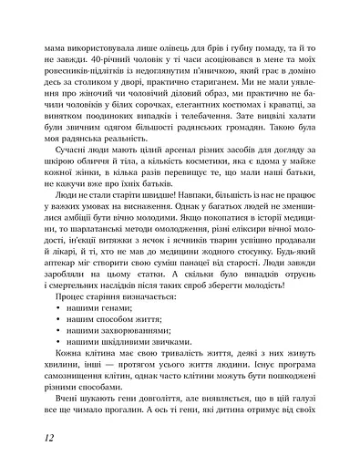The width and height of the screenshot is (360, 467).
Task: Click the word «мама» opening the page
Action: [x=42, y=43]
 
